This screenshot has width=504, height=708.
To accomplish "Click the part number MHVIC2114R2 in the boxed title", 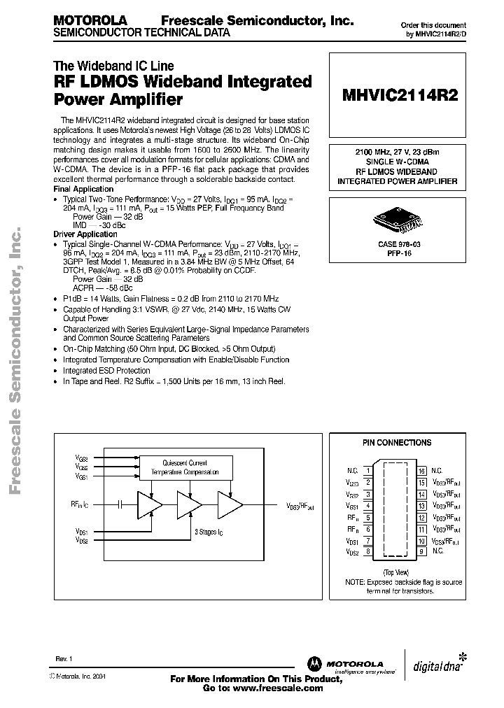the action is [400, 97].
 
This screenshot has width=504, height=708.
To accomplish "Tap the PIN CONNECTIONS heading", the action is [397, 443].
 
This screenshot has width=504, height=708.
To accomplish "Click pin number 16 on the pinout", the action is [422, 471].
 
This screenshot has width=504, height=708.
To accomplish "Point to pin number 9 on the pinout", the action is [422, 552].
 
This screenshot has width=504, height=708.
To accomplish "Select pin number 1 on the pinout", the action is [368, 471].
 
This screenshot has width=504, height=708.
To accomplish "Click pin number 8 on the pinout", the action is [368, 552].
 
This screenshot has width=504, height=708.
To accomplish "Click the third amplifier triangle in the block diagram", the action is [230, 503].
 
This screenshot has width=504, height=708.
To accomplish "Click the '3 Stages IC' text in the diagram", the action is [210, 532].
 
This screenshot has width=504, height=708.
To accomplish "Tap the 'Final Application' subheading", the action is [83, 189].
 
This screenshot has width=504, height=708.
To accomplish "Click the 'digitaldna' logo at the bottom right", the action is [436, 664].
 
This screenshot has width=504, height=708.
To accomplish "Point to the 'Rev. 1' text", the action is [64, 659].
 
